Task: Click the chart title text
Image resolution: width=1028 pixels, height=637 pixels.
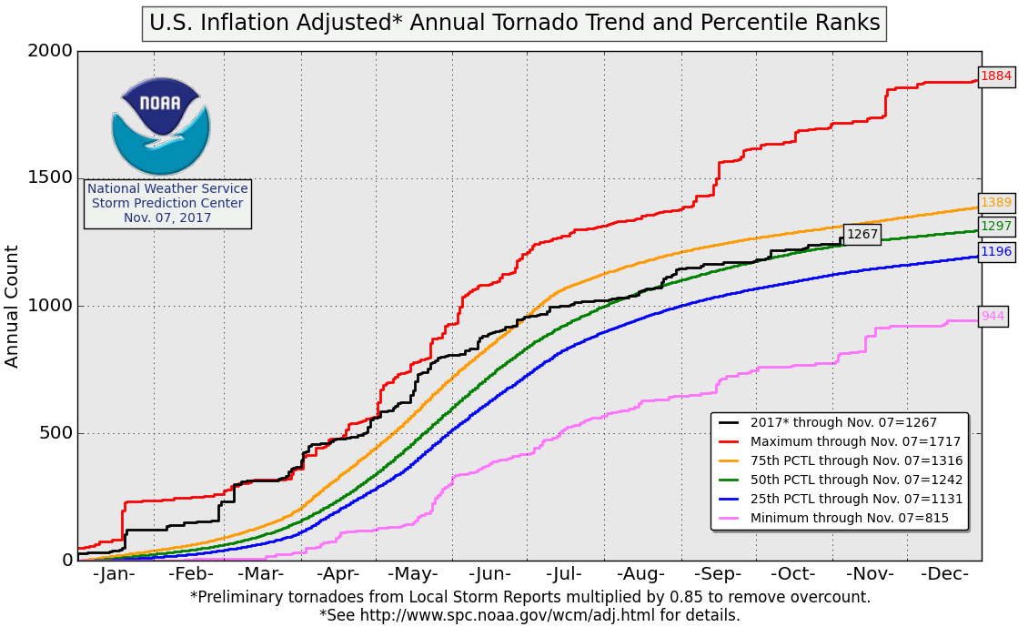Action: click(514, 23)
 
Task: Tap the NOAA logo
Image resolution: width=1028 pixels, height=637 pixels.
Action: click(161, 126)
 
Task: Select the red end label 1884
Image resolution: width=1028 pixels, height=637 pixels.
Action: click(996, 76)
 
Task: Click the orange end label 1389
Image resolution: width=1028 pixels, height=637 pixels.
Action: click(996, 202)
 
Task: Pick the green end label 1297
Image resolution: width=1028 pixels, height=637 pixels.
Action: click(996, 227)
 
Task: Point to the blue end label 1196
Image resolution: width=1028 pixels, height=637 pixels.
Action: click(996, 252)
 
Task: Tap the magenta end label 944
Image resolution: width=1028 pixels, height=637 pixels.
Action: click(993, 317)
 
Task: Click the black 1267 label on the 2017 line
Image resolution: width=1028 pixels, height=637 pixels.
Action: click(862, 235)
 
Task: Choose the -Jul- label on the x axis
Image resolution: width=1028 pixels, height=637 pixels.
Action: click(565, 574)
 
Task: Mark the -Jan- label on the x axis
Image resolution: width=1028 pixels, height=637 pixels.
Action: click(114, 574)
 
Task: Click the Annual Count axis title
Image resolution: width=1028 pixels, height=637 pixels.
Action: click(13, 306)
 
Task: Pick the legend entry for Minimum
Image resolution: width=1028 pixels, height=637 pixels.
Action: click(849, 519)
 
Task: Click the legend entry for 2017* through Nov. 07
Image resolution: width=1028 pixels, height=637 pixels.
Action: click(843, 422)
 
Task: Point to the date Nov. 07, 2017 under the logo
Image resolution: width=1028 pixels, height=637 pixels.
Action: click(167, 217)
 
